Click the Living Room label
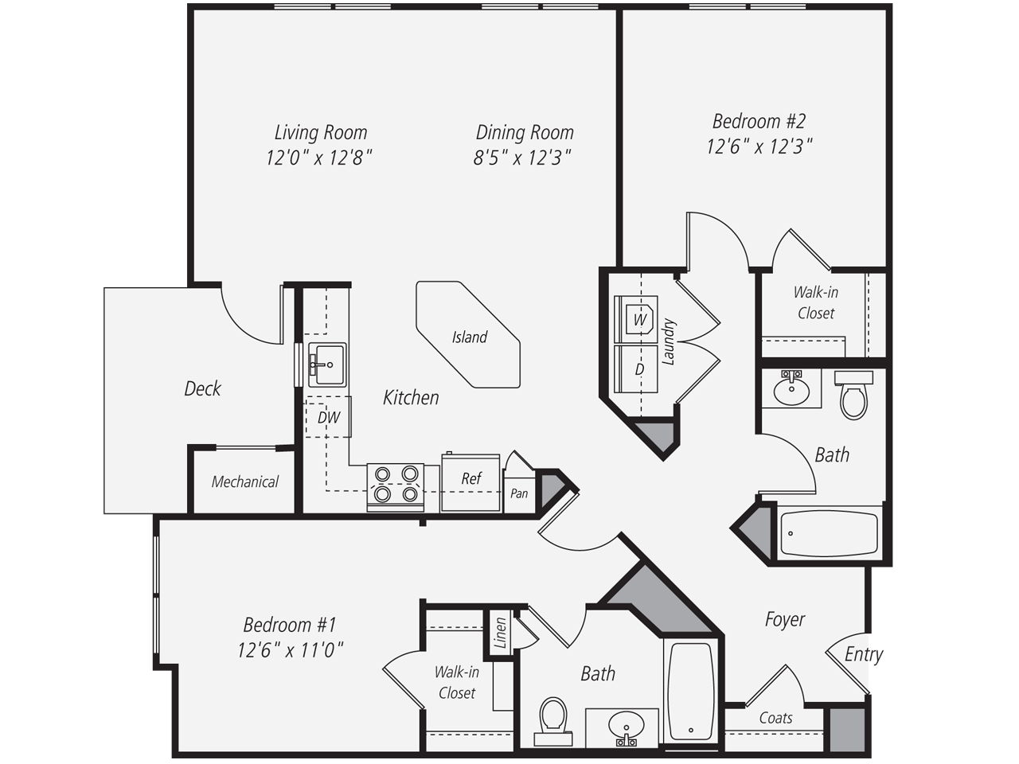click(321, 132)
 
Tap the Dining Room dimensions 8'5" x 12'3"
click(522, 158)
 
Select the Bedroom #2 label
click(759, 121)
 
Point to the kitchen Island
click(468, 336)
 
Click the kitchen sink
click(326, 365)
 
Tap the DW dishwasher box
click(328, 417)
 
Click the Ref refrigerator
click(470, 478)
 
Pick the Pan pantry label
click(519, 493)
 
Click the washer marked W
click(638, 319)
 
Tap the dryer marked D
click(638, 369)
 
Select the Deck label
click(202, 388)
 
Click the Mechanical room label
click(244, 481)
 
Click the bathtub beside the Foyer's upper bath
click(829, 533)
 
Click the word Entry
click(863, 654)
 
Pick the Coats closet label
click(775, 718)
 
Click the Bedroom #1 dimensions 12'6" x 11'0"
click(290, 650)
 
